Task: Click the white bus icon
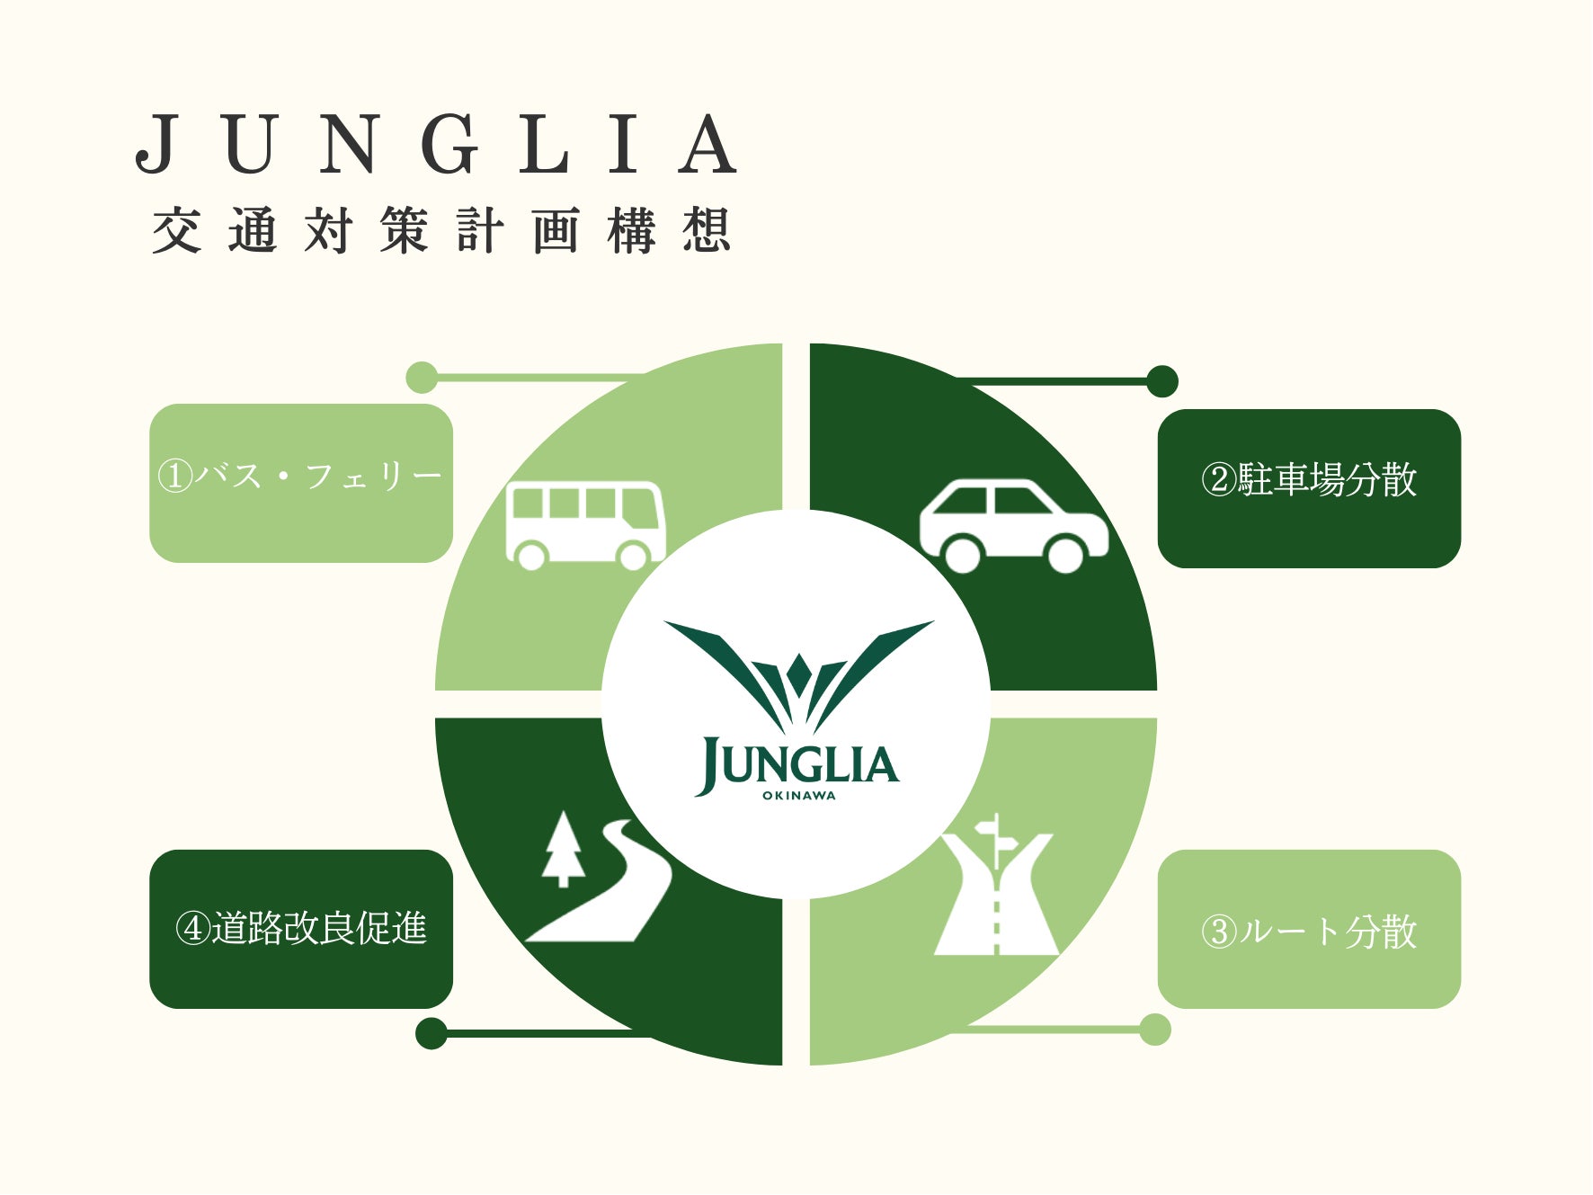click(x=584, y=524)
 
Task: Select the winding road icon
click(x=611, y=886)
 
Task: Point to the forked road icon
click(x=996, y=899)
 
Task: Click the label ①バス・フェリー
click(x=300, y=477)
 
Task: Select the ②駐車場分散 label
click(x=1308, y=480)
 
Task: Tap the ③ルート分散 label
click(x=1308, y=931)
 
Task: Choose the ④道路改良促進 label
click(x=300, y=928)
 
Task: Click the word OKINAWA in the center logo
click(x=798, y=796)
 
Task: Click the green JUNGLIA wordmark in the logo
click(x=798, y=765)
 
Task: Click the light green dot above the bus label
click(x=422, y=378)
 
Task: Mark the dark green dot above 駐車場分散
click(x=1162, y=381)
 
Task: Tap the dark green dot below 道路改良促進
click(x=432, y=1033)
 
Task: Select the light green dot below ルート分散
click(x=1155, y=1030)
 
